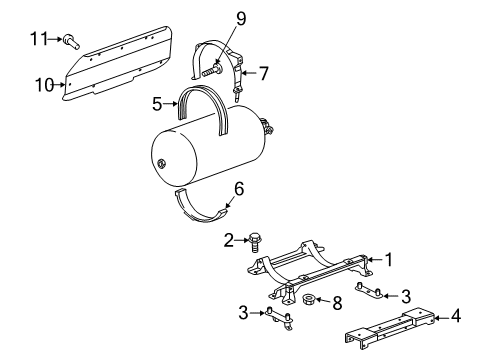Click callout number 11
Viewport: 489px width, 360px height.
39,39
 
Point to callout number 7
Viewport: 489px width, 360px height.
265,72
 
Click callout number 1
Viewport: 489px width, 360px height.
390,259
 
